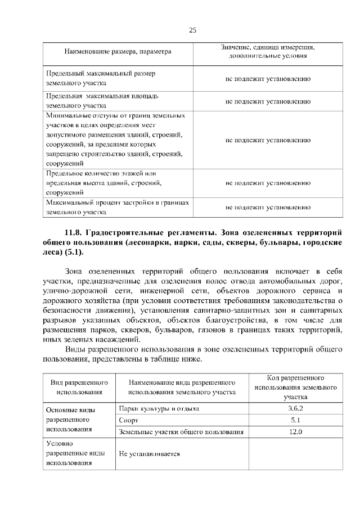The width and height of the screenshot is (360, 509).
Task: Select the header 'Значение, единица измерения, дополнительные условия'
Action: [x=268, y=52]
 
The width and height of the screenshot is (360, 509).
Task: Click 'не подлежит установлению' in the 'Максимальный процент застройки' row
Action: [x=268, y=208]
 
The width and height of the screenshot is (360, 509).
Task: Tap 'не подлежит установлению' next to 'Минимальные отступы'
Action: [x=268, y=139]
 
